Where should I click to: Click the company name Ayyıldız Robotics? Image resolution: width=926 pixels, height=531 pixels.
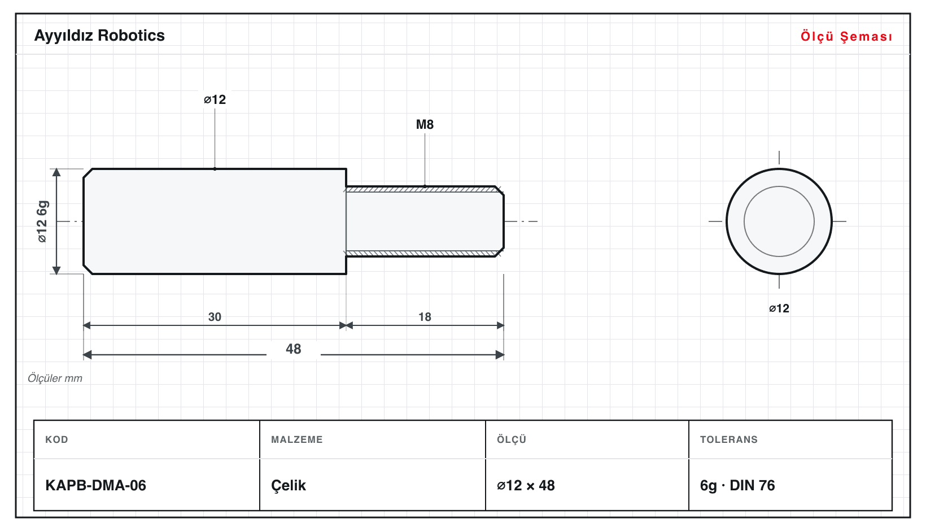click(99, 36)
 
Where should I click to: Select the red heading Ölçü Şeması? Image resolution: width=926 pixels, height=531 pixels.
click(846, 36)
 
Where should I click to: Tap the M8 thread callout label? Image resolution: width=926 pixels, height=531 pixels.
click(425, 124)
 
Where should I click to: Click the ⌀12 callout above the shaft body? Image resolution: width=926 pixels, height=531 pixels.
click(215, 99)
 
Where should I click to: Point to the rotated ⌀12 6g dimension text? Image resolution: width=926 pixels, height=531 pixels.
click(42, 221)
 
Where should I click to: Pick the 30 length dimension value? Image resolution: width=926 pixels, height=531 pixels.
click(215, 317)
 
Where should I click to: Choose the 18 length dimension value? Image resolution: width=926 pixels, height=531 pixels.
click(425, 317)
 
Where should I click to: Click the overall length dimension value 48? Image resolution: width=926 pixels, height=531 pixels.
click(294, 349)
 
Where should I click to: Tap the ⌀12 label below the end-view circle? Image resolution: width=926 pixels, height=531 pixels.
click(779, 308)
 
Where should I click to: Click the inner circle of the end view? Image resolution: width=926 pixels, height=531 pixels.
click(744, 221)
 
